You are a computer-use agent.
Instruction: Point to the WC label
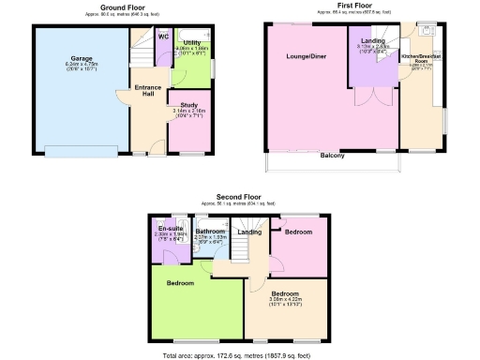click(x=162, y=37)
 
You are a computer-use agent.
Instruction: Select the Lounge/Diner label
click(x=306, y=56)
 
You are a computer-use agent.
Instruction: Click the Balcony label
click(x=333, y=155)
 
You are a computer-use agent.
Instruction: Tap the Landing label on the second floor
click(x=249, y=232)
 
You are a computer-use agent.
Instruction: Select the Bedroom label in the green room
click(x=181, y=282)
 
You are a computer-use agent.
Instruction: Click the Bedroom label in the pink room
click(x=299, y=231)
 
